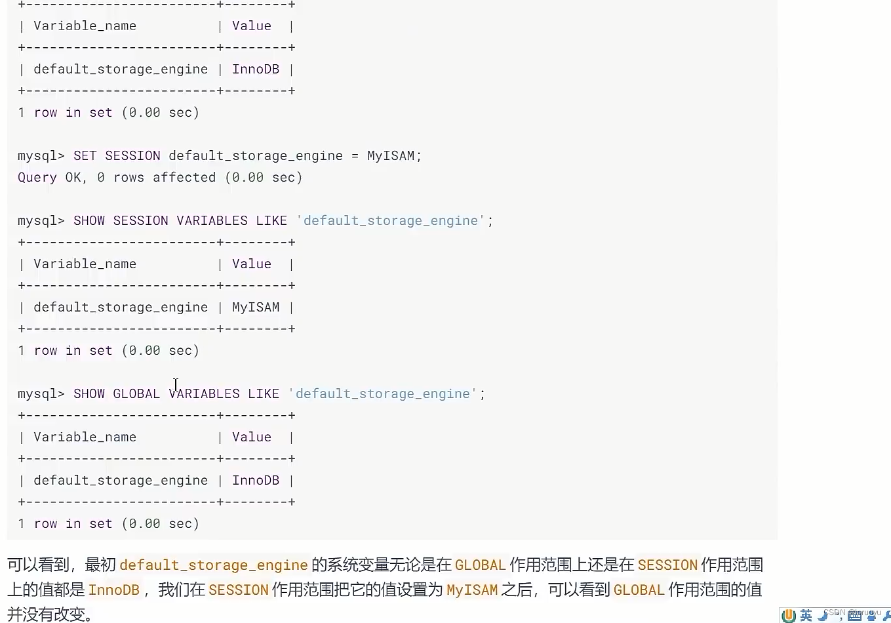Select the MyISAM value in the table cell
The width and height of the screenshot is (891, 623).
coord(256,308)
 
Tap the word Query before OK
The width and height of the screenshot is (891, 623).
coord(37,178)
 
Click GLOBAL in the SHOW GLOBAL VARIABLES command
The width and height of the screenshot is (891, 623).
coord(136,394)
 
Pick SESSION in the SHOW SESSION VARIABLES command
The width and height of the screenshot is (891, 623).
coord(140,221)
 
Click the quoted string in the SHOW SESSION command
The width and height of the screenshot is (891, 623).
coord(391,221)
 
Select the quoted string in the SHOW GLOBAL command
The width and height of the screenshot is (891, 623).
coord(383,394)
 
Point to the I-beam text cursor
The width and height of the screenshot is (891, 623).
coord(176,384)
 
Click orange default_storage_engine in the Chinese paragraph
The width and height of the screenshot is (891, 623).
coord(214,565)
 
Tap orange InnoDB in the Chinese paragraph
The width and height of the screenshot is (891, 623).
coord(114,590)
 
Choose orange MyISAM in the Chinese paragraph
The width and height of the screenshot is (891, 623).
coord(472,590)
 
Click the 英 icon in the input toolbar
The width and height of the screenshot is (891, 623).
coord(806,615)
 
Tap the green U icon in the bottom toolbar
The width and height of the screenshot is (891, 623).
coord(789,615)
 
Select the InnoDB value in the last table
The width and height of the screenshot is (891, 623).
coord(256,481)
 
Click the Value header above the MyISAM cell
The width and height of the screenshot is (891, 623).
coord(251,264)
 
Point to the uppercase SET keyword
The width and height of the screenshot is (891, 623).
coord(85,156)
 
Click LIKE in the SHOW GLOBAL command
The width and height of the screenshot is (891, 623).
coord(264,394)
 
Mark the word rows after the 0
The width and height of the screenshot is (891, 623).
coord(129,178)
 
